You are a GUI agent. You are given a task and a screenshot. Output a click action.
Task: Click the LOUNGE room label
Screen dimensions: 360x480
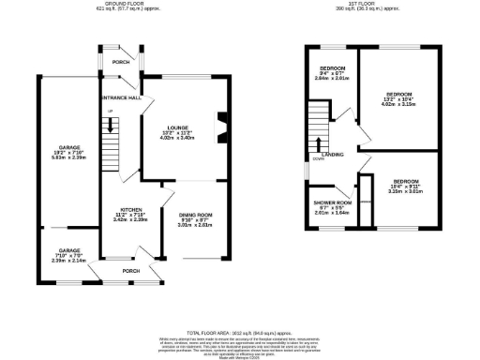178,127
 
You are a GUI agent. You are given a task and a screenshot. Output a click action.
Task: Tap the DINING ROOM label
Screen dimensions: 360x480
196,215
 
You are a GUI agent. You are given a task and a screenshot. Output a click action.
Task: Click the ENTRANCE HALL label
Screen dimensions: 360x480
121,97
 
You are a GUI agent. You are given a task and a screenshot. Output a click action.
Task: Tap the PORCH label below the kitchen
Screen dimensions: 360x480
130,271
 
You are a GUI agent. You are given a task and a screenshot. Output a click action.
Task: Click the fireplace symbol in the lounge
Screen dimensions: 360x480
221,124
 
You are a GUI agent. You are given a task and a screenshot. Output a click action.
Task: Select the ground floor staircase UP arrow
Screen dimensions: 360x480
111,113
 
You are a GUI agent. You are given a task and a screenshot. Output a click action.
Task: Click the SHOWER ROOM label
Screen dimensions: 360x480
332,202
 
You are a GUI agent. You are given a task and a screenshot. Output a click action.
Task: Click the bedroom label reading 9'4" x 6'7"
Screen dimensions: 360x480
333,68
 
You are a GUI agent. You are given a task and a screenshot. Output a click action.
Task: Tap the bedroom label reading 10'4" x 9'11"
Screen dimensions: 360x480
405,180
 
